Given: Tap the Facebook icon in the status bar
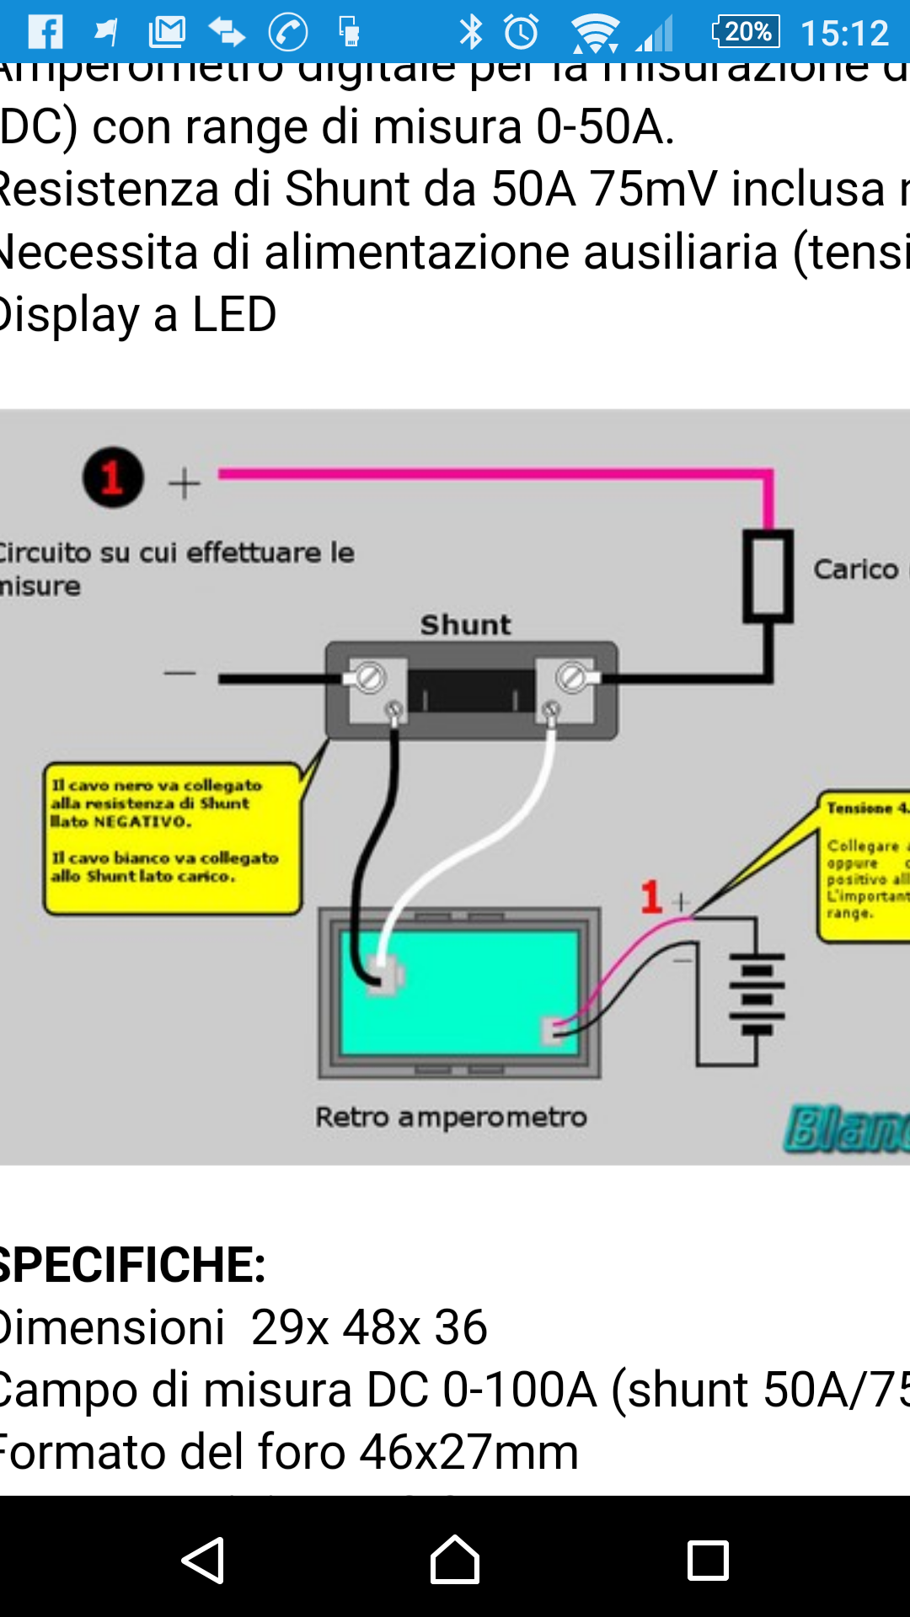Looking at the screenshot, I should (45, 32).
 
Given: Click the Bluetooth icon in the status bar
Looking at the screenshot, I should (471, 32).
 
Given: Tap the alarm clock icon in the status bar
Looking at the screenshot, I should (522, 32).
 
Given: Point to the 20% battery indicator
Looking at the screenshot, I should (746, 32).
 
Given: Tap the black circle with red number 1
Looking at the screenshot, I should (113, 478).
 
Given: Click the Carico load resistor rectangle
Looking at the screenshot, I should (768, 575).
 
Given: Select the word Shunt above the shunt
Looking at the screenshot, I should (466, 625).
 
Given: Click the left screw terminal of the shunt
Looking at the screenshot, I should (369, 677).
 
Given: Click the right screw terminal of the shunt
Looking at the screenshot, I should (572, 677).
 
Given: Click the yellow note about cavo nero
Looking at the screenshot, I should (173, 838).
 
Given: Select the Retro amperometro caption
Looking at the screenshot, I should (451, 1118).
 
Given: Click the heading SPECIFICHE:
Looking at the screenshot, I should (132, 1265).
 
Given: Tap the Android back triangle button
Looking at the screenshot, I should (203, 1561).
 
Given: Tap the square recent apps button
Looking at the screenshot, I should (708, 1561).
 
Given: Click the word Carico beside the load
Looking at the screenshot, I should (855, 570).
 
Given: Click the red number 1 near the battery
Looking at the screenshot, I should (650, 897).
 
